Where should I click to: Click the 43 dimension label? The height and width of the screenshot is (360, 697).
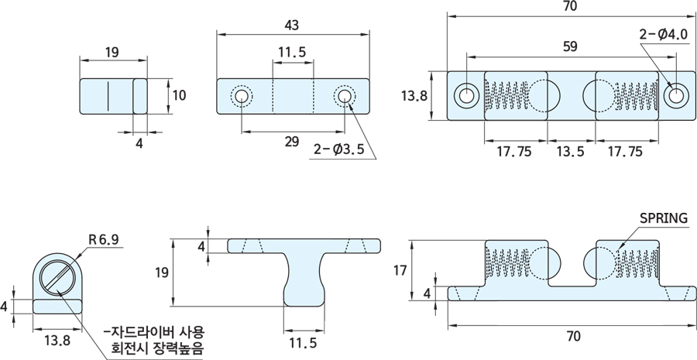click(x=292, y=25)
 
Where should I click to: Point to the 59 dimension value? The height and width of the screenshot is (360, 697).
click(x=569, y=46)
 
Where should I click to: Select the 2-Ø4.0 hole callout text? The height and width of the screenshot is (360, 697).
click(x=664, y=34)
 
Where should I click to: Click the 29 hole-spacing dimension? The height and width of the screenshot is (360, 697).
click(x=292, y=141)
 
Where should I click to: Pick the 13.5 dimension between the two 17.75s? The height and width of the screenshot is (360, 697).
click(x=572, y=151)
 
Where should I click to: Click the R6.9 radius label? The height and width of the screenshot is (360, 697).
click(x=104, y=240)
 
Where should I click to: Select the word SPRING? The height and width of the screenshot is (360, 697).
click(x=664, y=218)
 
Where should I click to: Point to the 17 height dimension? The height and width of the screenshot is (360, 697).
click(x=399, y=270)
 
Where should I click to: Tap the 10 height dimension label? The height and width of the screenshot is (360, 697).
click(x=179, y=95)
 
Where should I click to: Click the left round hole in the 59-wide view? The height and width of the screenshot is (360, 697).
click(x=467, y=95)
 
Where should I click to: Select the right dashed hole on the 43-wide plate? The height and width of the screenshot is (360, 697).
click(x=343, y=96)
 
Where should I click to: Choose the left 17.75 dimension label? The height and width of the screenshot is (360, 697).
click(x=514, y=151)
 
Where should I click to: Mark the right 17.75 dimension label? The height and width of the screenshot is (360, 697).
click(x=626, y=151)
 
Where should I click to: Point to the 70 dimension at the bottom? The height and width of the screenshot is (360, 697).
click(x=572, y=336)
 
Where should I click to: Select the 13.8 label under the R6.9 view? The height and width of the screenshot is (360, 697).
click(x=56, y=339)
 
